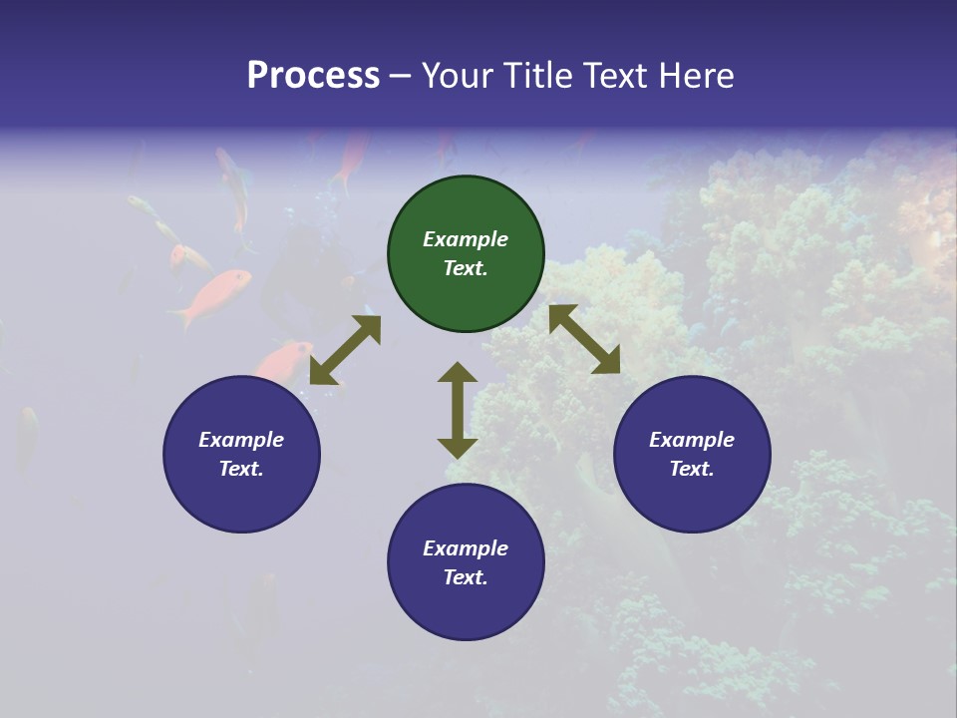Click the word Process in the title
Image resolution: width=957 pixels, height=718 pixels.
(x=313, y=76)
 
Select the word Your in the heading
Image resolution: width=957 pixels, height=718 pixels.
(x=458, y=76)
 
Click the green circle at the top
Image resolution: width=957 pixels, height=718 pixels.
(x=466, y=209)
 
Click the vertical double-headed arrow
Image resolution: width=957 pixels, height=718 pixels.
(x=458, y=410)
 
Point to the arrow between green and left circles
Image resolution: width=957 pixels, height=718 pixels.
(x=345, y=350)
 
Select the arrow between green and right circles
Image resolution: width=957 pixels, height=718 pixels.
(x=584, y=339)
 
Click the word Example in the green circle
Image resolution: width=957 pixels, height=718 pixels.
(x=466, y=239)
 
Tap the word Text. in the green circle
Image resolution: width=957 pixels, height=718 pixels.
(x=466, y=268)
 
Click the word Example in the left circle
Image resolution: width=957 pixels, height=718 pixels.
(x=241, y=440)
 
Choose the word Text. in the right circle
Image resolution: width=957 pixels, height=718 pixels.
(x=692, y=469)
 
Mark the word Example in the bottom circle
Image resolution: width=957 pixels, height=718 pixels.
(x=466, y=548)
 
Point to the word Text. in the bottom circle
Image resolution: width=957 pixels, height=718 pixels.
(x=466, y=577)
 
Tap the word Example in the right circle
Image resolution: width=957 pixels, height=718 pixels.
(x=692, y=440)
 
